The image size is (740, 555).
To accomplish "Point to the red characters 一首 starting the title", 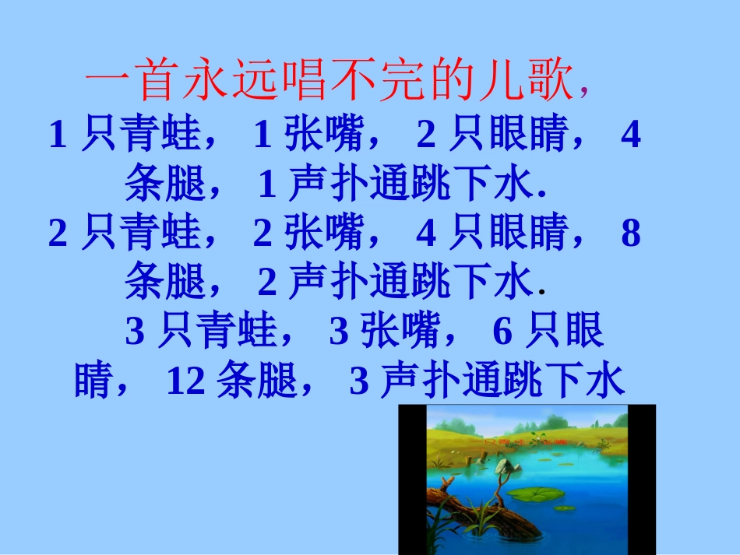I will (128, 83).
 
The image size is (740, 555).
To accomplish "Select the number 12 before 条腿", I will (186, 381).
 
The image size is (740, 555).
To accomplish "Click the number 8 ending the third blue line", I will (631, 234).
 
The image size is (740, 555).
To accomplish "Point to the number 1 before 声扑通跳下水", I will (267, 184).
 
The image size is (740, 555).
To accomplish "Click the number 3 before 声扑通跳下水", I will (359, 381).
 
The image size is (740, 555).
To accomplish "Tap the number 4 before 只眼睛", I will (425, 234).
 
